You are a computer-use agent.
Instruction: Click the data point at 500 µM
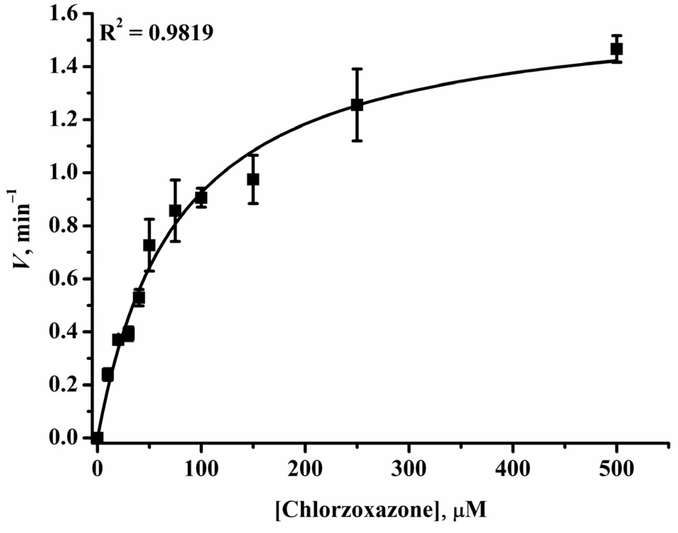617,49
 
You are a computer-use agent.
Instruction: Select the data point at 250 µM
357,105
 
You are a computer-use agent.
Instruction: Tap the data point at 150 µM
253,179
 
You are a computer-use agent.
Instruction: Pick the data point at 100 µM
201,197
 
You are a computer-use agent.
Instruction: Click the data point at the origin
97,438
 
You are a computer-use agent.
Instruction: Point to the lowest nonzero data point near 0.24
108,375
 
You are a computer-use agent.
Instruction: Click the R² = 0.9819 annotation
156,33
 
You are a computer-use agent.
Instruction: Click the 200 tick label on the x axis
305,469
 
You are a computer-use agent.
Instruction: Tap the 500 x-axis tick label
617,469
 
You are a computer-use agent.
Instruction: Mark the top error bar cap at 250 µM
357,69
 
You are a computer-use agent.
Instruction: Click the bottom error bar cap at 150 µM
253,203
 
